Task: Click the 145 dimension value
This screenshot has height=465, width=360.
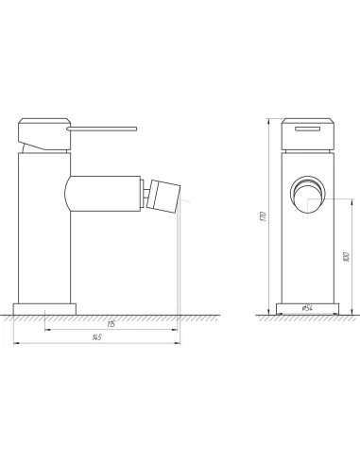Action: click(x=97, y=337)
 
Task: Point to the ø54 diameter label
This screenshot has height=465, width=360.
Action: click(x=307, y=307)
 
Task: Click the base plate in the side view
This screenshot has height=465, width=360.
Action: click(x=45, y=308)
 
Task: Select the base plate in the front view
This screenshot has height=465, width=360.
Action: click(x=307, y=309)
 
